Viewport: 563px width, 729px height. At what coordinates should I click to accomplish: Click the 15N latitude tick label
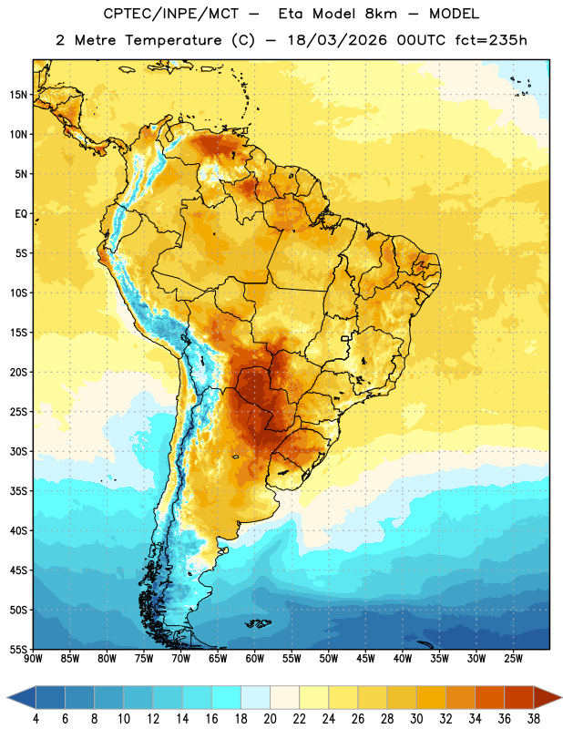pos(18,95)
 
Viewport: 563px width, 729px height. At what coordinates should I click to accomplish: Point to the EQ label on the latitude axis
pos(21,214)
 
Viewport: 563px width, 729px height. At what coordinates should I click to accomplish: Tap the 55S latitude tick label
pos(18,650)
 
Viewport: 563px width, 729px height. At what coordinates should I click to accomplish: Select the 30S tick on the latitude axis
pos(18,451)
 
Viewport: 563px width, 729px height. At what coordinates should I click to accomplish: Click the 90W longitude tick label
pos(33,659)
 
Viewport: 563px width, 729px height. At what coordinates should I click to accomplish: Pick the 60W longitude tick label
pos(255,659)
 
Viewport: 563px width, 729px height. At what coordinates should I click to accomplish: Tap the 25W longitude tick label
pos(513,659)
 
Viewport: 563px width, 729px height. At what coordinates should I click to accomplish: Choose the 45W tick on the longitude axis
pos(365,659)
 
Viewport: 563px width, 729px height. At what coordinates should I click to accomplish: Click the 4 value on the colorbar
pos(36,719)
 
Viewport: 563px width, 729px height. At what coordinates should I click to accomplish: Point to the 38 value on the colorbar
pos(534,719)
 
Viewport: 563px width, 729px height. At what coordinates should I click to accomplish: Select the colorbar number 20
pos(270,719)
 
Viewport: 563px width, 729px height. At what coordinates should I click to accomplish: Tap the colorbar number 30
pos(416,719)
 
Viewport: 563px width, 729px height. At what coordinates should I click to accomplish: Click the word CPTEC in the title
pos(122,14)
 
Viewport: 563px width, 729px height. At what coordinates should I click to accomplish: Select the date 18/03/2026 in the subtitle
pos(337,40)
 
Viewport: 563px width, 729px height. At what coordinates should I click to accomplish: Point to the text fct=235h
pos(491,40)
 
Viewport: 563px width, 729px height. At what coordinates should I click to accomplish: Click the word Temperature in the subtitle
pos(173,40)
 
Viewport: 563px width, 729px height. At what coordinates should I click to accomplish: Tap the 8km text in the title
pos(381,14)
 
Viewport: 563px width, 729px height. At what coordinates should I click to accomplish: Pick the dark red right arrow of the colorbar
pos(548,697)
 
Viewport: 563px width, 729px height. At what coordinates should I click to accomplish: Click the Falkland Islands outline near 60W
pos(258,623)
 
